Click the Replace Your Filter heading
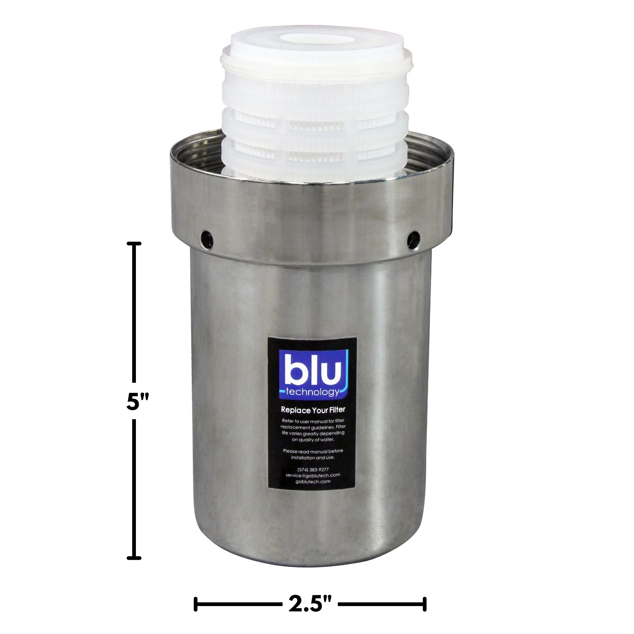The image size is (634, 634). click(313, 410)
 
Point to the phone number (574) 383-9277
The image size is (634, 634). click(313, 470)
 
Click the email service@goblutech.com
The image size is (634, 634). click(313, 475)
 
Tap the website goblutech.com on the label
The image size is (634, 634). click(313, 481)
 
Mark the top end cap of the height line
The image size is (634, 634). click(134, 244)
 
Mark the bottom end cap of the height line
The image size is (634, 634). click(134, 558)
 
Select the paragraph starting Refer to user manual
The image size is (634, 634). click(313, 430)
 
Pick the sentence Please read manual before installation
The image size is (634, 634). click(313, 454)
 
